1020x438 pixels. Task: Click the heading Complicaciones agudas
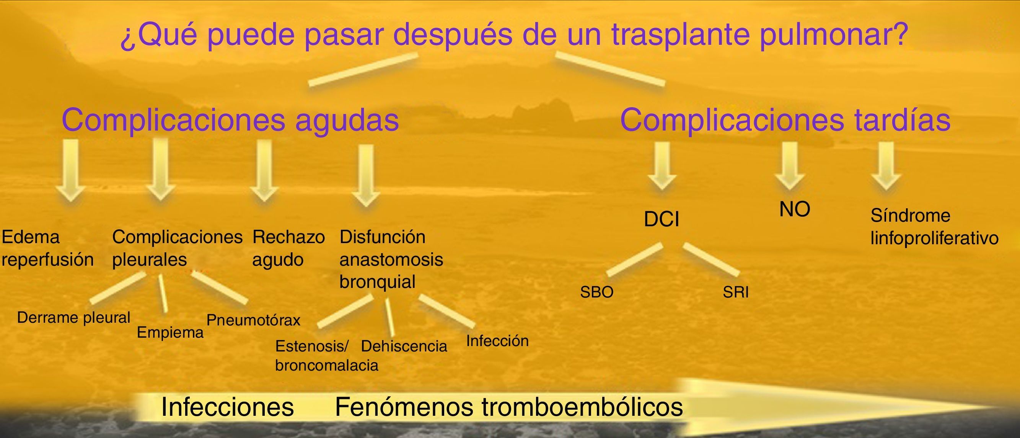[230, 121]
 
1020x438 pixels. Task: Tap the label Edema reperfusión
[47, 248]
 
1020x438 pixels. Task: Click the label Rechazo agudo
[288, 248]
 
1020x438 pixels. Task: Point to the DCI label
[661, 220]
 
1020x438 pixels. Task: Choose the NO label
[794, 209]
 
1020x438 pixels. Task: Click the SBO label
[597, 292]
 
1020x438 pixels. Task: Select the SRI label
[736, 292]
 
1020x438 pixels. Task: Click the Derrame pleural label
[73, 318]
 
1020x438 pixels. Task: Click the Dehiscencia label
[404, 346]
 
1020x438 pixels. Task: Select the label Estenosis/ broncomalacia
[327, 356]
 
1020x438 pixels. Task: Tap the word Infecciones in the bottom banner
[227, 407]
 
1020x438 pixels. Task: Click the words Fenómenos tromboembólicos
[509, 407]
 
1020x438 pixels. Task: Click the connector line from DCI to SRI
[711, 260]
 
